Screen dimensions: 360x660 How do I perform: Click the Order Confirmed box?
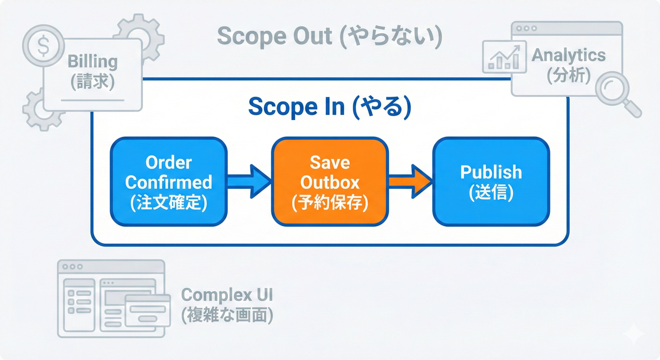coord(169,182)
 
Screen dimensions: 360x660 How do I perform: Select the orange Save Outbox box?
coord(330,182)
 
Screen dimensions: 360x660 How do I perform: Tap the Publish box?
coord(491,182)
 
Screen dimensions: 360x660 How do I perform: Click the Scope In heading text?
coord(329,107)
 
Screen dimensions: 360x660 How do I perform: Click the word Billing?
coord(92,62)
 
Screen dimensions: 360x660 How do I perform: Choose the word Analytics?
coord(569,56)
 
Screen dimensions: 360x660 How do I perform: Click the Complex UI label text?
coord(227,295)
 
